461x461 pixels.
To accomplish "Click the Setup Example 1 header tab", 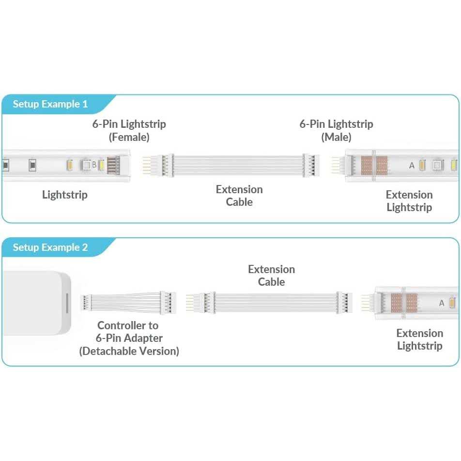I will (50, 104).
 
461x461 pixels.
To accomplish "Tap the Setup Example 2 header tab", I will (50, 247).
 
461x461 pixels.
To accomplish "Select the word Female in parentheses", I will (129, 137).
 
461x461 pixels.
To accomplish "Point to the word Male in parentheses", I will (336, 137).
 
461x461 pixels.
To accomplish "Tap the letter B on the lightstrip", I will (94, 165).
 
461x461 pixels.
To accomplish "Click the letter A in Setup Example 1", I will (412, 166).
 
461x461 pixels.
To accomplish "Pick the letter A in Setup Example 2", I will (441, 303).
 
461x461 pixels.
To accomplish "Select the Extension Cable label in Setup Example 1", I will (239, 196).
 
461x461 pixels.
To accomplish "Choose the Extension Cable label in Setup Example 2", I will (271, 276).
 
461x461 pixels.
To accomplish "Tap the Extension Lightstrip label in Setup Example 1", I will (409, 201).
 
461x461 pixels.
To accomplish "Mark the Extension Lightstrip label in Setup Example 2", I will (420, 339).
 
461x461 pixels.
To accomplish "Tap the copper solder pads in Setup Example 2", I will (404, 303).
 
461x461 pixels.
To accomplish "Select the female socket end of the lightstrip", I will (113, 165).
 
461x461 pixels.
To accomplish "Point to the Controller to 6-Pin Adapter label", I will (129, 332).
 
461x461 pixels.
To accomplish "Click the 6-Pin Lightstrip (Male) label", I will (336, 130).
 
